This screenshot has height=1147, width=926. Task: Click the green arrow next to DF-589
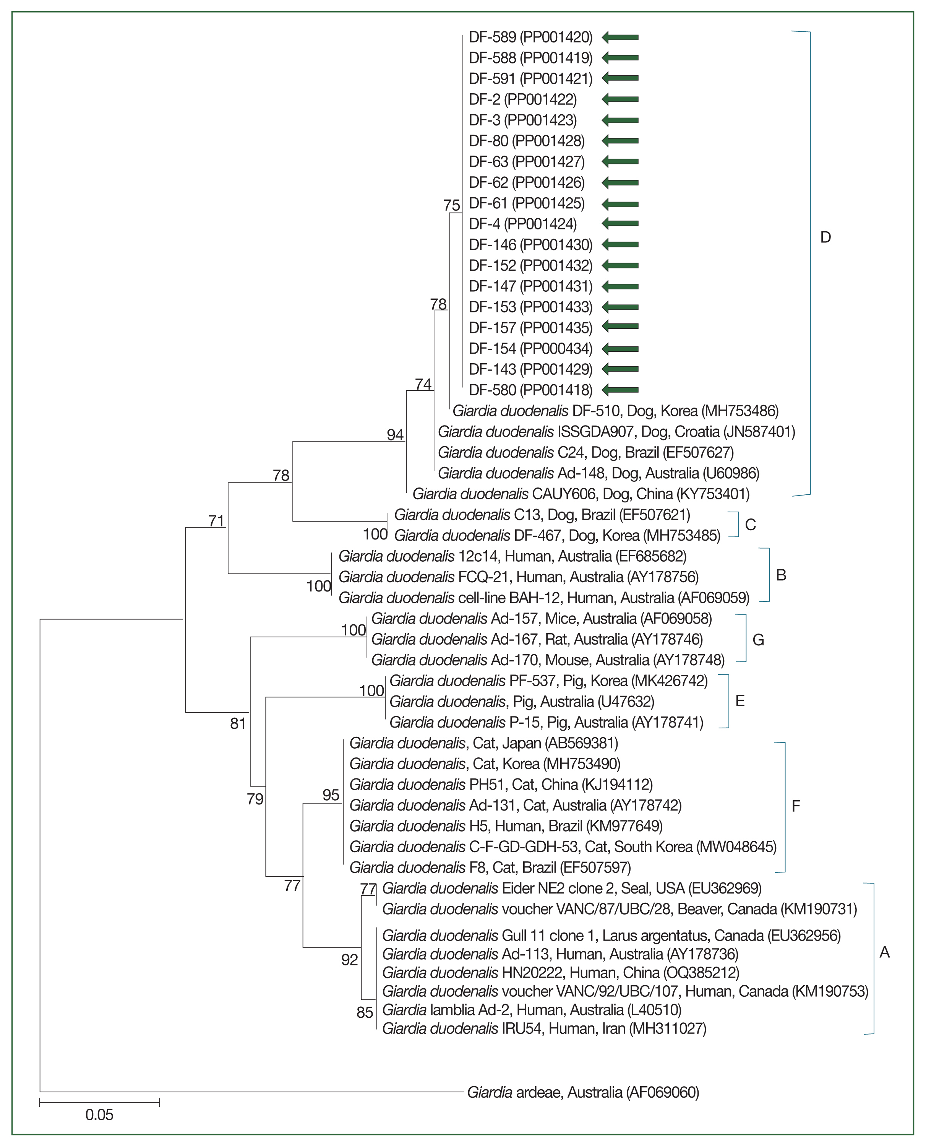(x=620, y=37)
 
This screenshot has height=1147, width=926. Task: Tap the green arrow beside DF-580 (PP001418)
(x=620, y=390)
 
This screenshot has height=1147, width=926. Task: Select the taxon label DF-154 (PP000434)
(x=530, y=348)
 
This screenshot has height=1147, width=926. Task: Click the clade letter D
(x=825, y=237)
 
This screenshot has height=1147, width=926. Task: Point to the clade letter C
(x=750, y=525)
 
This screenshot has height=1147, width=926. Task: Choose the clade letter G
(x=758, y=640)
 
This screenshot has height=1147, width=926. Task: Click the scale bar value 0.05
(x=99, y=1115)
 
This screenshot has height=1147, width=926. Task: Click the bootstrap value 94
(x=395, y=435)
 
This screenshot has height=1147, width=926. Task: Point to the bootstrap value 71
(x=216, y=521)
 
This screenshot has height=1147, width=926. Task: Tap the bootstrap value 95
(x=331, y=795)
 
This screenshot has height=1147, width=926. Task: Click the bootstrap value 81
(x=238, y=723)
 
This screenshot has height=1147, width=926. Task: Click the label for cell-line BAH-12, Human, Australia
(x=543, y=598)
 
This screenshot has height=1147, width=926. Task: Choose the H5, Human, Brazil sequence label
(x=506, y=826)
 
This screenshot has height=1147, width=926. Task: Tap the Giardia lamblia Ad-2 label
(x=531, y=1009)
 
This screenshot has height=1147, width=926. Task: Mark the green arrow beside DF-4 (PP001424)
(x=620, y=224)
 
